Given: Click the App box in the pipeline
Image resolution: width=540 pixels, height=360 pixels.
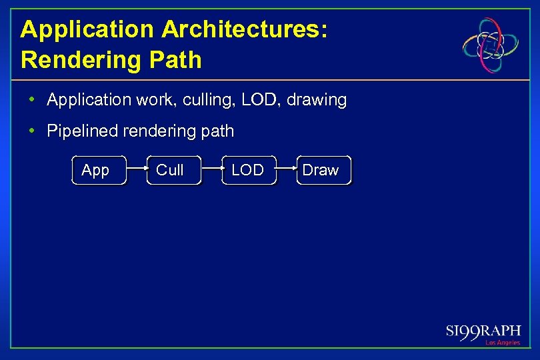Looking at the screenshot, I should (x=99, y=170).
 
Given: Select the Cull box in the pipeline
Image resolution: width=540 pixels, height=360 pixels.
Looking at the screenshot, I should (x=173, y=170).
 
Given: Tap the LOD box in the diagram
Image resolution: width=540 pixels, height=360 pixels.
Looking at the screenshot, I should (x=249, y=170).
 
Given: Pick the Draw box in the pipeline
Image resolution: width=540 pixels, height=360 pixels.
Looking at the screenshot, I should (x=323, y=170).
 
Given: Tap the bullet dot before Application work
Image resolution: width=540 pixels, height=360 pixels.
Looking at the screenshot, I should (x=32, y=100).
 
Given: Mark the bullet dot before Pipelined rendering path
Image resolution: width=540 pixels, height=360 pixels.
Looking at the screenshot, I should (x=32, y=131).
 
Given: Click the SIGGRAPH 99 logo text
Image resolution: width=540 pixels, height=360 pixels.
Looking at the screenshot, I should (x=483, y=331).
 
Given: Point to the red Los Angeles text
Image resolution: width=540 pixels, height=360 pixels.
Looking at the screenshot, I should (x=502, y=343).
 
